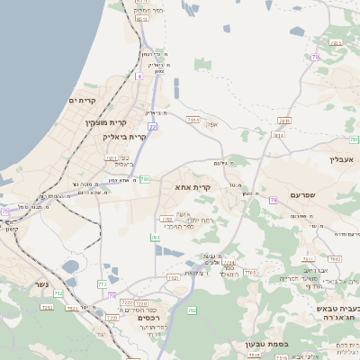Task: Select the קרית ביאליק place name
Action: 124,137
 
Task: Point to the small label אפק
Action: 212,125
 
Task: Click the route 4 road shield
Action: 139,76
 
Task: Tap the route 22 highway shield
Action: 153,127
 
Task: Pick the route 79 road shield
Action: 272,200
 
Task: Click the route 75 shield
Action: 4,211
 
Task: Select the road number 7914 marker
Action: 193,118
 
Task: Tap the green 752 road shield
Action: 58,293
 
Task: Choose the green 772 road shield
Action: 102,284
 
